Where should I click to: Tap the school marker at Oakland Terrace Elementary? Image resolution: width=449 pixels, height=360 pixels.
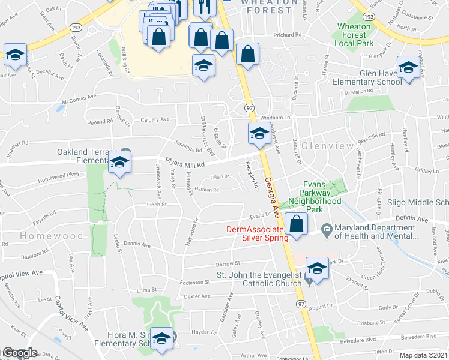(119, 162)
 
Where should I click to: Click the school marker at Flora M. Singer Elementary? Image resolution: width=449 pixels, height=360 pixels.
(161, 340)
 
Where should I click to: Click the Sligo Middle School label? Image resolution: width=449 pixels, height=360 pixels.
(418, 203)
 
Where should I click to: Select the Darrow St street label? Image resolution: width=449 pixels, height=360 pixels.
(228, 263)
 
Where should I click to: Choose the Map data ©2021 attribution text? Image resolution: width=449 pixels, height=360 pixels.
(424, 355)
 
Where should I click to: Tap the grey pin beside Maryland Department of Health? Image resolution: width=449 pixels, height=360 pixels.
(326, 228)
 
